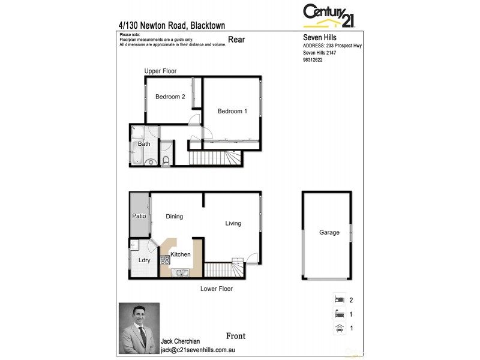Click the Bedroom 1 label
(x=232, y=111)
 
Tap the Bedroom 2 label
(x=170, y=97)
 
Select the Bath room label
(x=144, y=144)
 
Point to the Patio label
(x=139, y=216)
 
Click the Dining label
(x=174, y=217)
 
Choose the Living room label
(x=233, y=223)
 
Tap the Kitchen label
(x=181, y=254)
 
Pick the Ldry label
(x=144, y=260)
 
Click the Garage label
(x=329, y=233)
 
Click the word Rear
(x=236, y=40)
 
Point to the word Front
(x=236, y=336)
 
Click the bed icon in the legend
(x=339, y=299)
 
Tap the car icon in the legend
(x=339, y=328)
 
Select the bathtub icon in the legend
(x=339, y=313)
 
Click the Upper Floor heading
(x=160, y=71)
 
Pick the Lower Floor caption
(x=217, y=289)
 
